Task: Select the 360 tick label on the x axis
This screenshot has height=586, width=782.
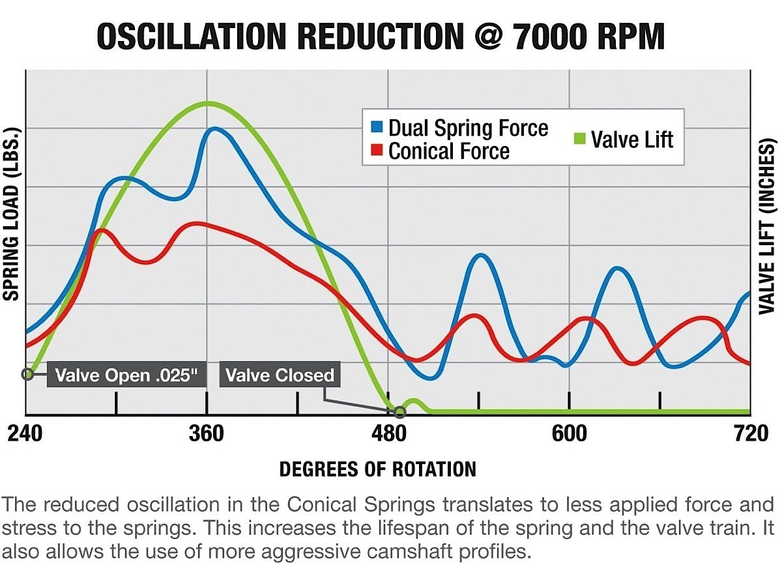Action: coord(207,433)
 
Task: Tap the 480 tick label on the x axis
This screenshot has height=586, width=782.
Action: coord(388,433)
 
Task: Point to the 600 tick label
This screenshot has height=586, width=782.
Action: coord(570,433)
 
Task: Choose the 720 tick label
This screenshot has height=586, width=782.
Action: coord(751,433)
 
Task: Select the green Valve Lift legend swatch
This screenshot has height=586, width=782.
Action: coord(581,139)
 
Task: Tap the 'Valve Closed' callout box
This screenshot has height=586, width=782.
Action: coord(280,375)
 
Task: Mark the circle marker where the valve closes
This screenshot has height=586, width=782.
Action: coord(400,412)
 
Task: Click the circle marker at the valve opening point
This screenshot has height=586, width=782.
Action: coord(27,374)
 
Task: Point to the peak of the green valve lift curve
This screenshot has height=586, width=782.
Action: coord(207,103)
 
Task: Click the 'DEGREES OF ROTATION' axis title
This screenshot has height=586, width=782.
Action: coord(377,469)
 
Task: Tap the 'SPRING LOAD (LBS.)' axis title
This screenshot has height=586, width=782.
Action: coord(12,214)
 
